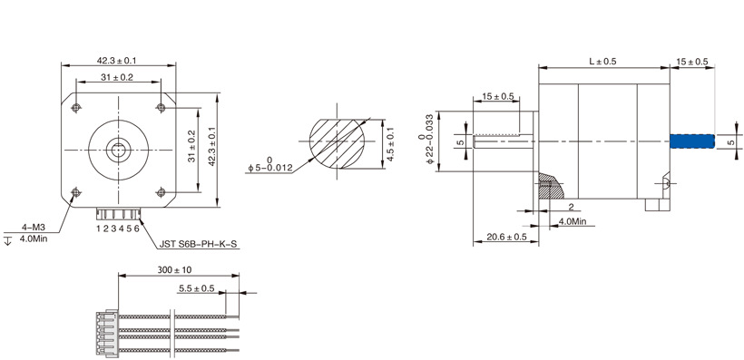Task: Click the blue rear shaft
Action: pos(691,141)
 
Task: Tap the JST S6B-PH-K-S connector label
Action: pos(198,245)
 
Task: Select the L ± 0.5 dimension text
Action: pos(602,61)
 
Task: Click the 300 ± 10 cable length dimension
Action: pos(174,270)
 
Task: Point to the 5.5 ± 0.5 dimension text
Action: pos(197,287)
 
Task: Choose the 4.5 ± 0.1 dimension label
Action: pos(390,144)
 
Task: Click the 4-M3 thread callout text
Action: pos(33,228)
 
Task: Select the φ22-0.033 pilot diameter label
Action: pos(426,140)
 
